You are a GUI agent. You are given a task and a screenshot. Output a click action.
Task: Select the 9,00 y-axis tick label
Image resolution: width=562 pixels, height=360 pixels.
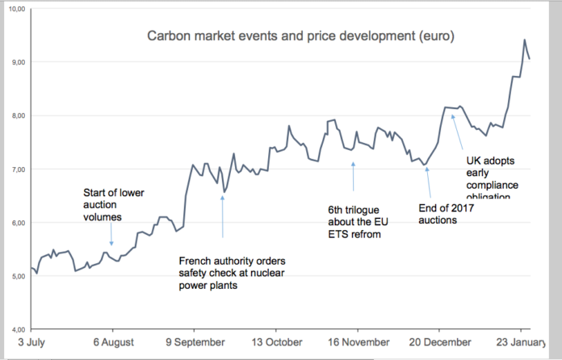[x=17, y=62]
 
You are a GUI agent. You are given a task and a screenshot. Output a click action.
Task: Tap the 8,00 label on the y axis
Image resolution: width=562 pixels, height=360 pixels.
[x=17, y=115]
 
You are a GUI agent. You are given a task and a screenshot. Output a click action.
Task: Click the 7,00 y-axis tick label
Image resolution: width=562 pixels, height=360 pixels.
[x=17, y=170]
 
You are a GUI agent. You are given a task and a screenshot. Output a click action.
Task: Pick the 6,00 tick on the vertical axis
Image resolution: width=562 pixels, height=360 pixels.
[x=17, y=223]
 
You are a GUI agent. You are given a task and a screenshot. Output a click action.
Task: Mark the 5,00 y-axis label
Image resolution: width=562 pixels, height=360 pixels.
[x=17, y=276]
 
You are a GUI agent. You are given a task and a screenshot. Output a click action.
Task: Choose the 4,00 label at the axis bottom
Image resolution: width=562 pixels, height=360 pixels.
[x=17, y=329]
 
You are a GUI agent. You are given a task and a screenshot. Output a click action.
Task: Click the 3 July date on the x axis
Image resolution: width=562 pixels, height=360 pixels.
[x=31, y=342]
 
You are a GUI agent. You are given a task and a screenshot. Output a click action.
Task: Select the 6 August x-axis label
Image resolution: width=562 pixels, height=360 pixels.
[x=113, y=342]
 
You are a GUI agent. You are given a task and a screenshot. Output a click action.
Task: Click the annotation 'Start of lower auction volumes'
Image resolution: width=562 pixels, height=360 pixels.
[x=113, y=203]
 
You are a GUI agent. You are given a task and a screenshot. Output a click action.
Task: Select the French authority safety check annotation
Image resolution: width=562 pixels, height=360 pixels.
[x=232, y=274]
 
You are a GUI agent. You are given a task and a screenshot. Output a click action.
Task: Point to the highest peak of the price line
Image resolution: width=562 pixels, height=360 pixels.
[x=525, y=40]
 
